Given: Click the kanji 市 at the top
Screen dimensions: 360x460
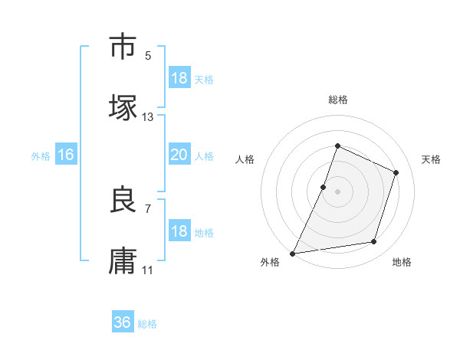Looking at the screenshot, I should [123, 47].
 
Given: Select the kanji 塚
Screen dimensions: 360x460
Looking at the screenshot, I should [123, 108].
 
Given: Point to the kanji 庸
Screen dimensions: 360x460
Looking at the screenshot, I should [123, 261].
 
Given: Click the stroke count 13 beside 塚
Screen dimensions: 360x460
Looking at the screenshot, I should [148, 117].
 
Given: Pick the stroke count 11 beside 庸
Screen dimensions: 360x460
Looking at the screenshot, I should [148, 270].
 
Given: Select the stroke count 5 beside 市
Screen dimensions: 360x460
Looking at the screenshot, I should [148, 55].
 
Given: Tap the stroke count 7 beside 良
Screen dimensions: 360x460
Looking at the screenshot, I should [148, 208].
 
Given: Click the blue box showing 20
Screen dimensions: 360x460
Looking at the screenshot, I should [179, 155].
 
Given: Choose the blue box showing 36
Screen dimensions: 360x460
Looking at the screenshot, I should [123, 322].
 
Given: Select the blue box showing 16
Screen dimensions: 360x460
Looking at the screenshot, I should [66, 155].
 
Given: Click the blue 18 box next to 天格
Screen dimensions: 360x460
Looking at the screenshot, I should [179, 78].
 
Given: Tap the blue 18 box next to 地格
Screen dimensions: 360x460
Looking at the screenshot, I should [179, 231].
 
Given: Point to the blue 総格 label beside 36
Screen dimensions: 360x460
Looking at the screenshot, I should [147, 324].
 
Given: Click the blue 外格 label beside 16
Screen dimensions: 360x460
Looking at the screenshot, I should [41, 156].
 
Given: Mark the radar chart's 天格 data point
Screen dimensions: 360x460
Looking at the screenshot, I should [396, 172].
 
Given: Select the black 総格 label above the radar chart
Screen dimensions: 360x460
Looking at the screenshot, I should [337, 100].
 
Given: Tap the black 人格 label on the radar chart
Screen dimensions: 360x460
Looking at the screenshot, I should [245, 159].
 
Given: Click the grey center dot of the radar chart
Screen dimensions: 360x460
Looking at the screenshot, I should [337, 191].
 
